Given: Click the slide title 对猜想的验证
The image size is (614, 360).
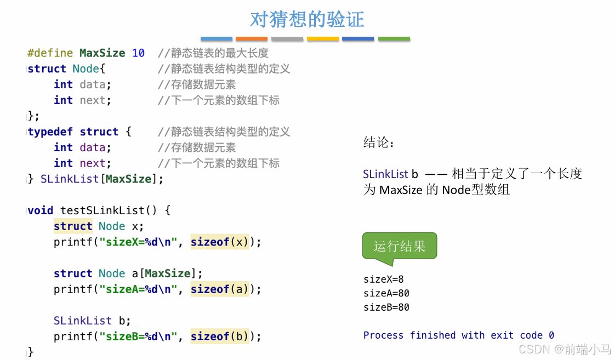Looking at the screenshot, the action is (x=307, y=19).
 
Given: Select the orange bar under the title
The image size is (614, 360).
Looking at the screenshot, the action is (x=252, y=39).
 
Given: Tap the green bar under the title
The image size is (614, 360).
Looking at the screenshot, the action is (x=394, y=39).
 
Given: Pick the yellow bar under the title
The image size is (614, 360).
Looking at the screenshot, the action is (x=323, y=39).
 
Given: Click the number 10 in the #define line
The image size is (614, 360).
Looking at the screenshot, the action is (x=138, y=53).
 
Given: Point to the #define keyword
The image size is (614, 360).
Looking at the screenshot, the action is (x=50, y=53).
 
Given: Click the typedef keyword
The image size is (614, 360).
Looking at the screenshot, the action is (x=50, y=132).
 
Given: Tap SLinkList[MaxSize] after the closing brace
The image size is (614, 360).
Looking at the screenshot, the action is (x=102, y=179).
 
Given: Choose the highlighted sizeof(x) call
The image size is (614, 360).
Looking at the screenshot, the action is (x=219, y=242).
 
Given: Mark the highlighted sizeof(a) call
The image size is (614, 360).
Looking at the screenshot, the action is (x=219, y=289).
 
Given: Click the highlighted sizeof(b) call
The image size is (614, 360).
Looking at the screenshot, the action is (x=219, y=336).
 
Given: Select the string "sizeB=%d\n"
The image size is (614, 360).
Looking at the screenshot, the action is (x=138, y=336).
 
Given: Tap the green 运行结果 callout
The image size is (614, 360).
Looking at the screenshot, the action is (x=400, y=247).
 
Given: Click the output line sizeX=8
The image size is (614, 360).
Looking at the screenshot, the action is (x=383, y=279).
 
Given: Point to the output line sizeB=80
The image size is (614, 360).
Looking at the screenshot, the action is (x=386, y=307).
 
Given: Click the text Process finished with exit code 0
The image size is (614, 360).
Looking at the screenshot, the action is (x=458, y=335).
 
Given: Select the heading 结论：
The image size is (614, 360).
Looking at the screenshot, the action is (x=379, y=143).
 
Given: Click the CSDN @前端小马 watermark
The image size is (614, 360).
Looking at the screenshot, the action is (x=564, y=349).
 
